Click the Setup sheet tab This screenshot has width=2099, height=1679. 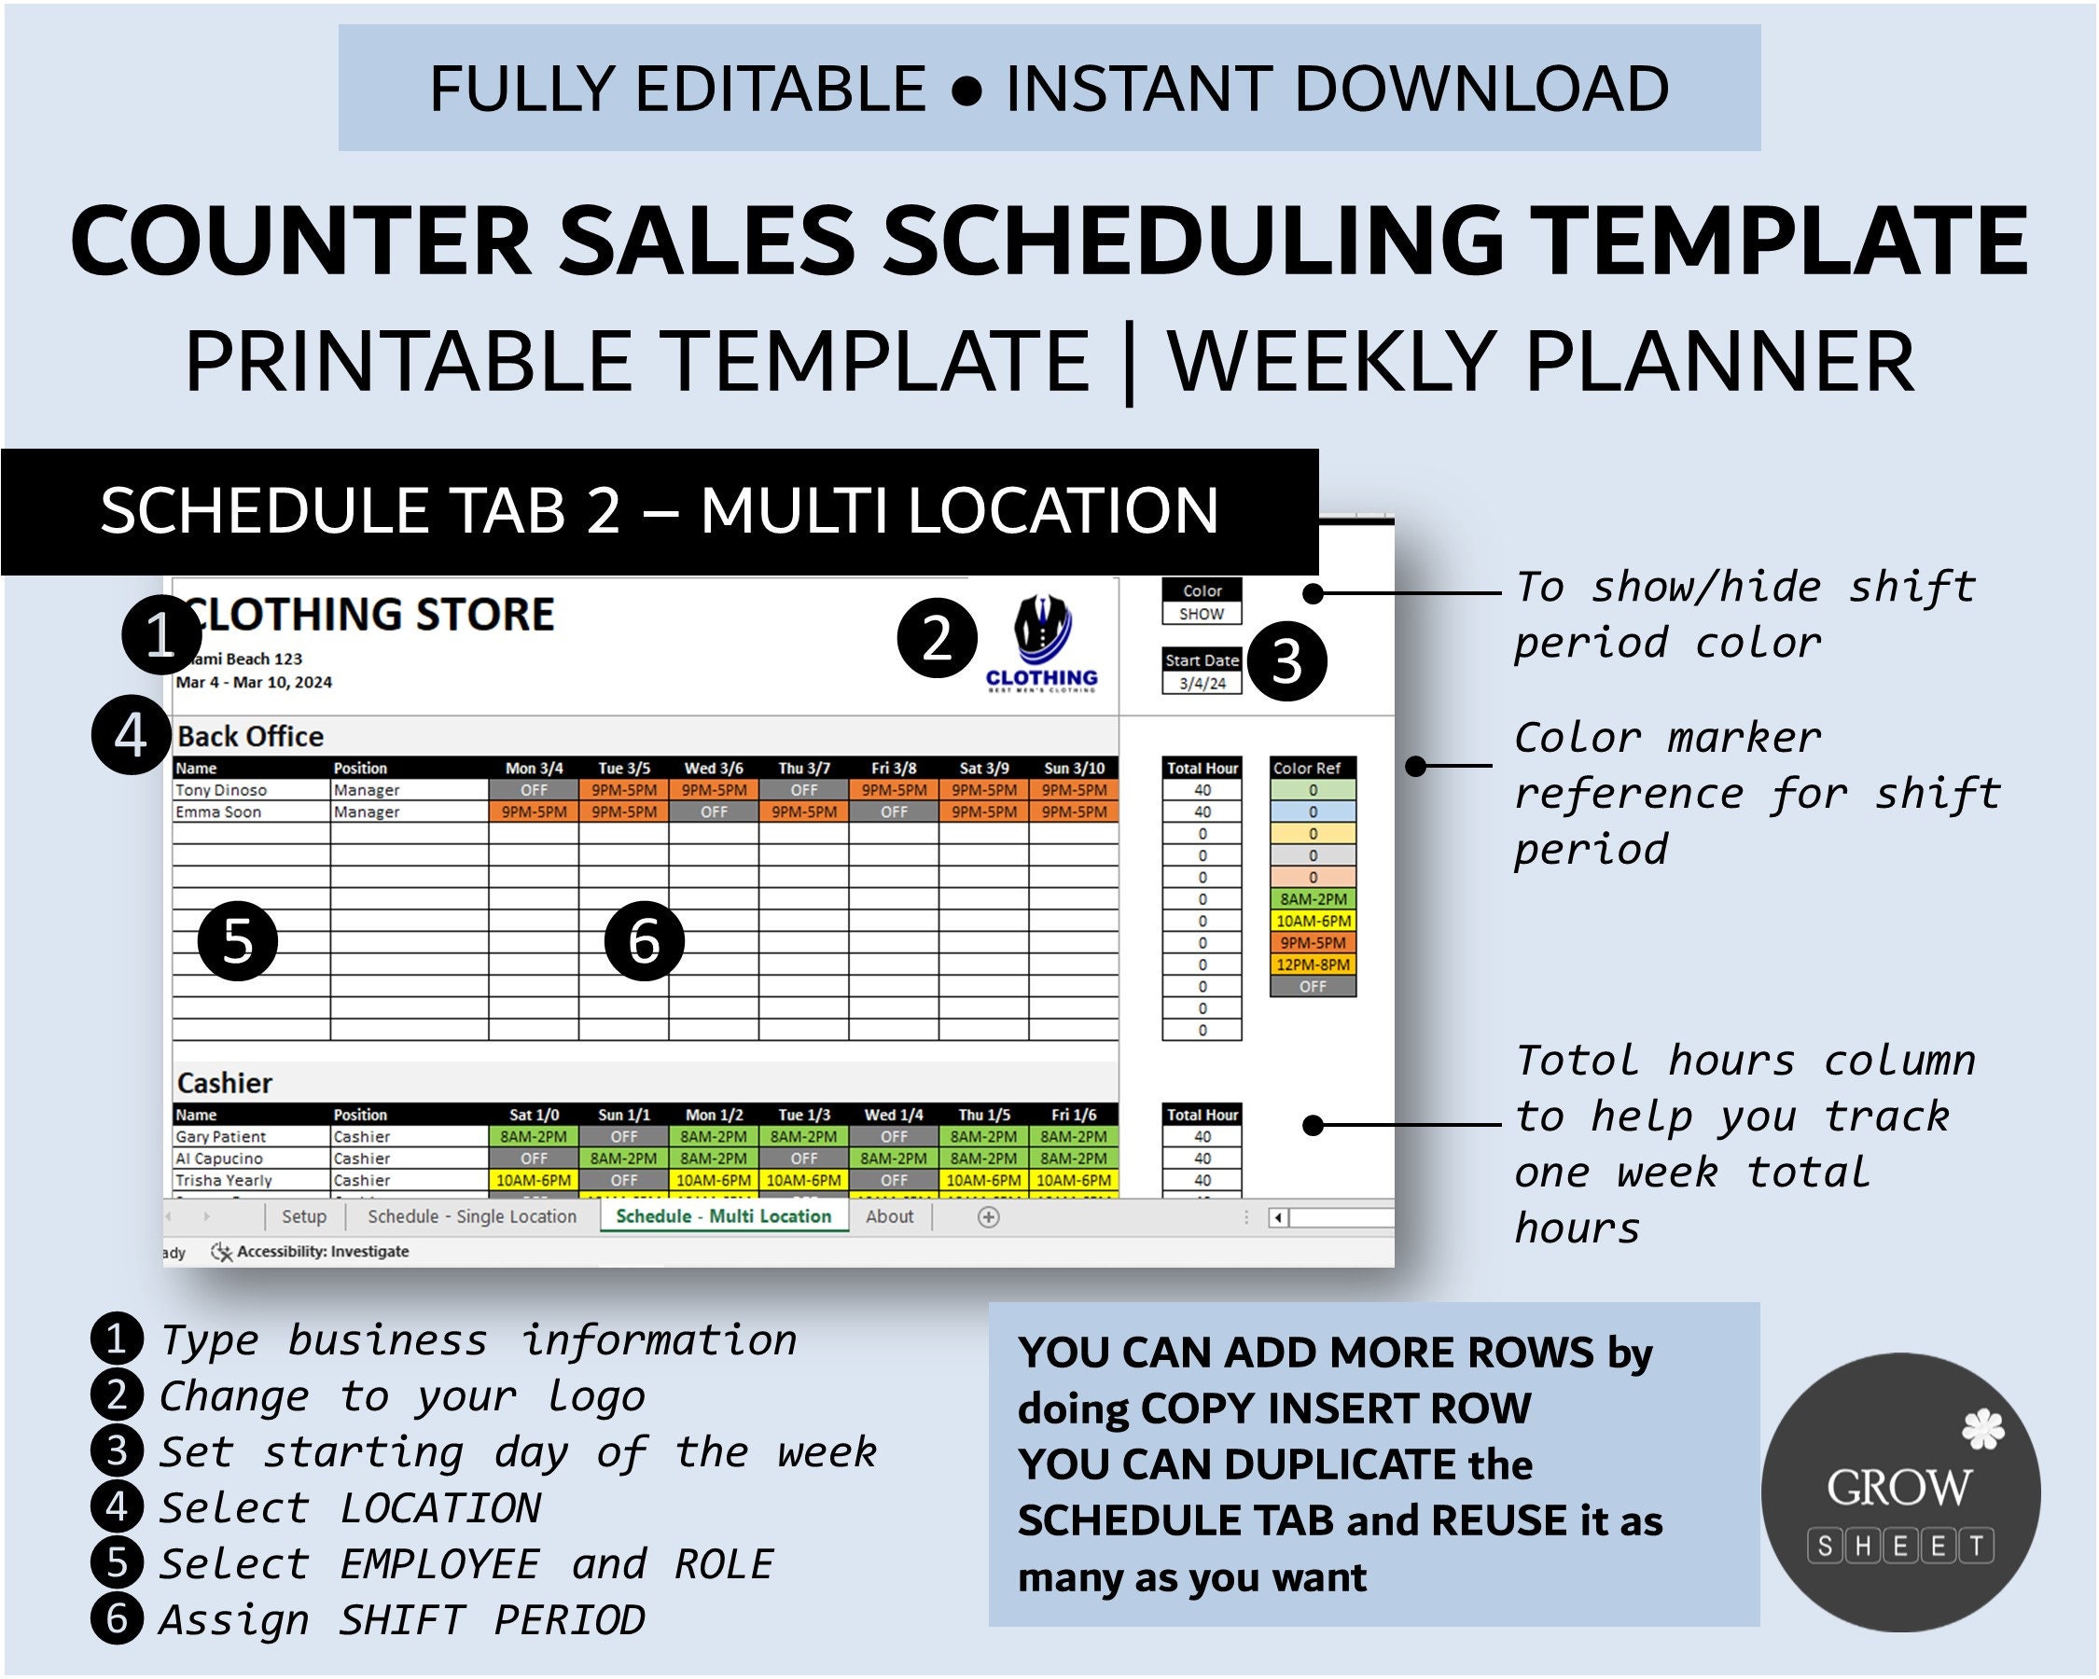(304, 1216)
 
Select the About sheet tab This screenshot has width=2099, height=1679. (889, 1216)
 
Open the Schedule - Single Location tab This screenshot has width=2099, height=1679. (471, 1216)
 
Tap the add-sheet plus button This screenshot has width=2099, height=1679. (988, 1217)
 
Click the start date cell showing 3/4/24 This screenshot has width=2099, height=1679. (1202, 684)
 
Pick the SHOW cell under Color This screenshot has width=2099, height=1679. (1202, 614)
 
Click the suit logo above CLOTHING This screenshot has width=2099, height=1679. (1042, 629)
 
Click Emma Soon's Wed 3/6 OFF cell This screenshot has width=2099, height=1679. (714, 812)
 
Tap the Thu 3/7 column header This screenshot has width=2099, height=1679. (803, 768)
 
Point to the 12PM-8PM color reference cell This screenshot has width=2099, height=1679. (1313, 964)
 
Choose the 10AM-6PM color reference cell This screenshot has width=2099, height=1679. (1313, 921)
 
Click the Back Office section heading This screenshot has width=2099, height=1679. (250, 737)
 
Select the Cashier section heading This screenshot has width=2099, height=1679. (225, 1083)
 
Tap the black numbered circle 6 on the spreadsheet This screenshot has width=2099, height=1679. (645, 941)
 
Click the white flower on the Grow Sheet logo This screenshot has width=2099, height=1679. (1982, 1431)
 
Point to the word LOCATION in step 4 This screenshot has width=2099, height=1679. (440, 1508)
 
